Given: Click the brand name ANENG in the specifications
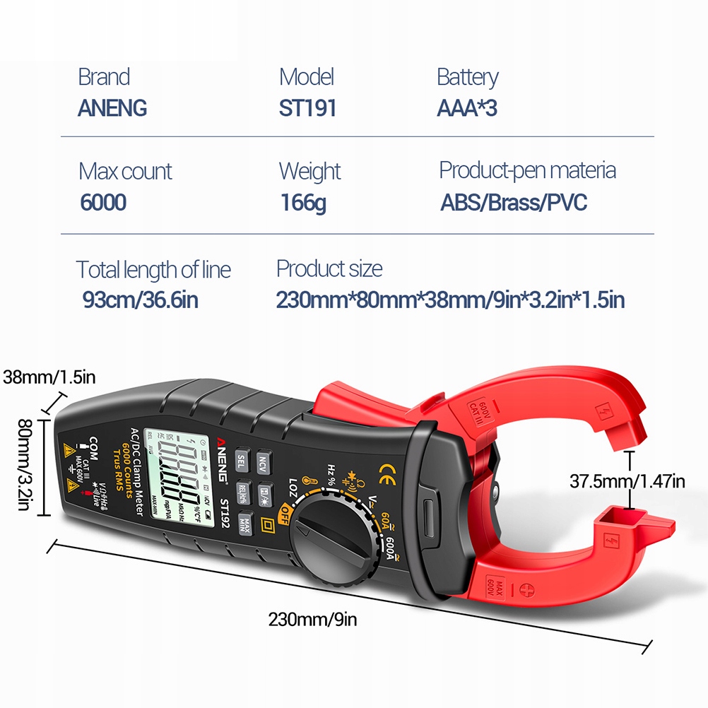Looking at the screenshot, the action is click(112, 108).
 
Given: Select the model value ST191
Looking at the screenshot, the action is click(307, 108).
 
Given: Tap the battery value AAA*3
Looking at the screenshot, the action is click(467, 108).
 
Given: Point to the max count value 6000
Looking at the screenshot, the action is click(103, 203).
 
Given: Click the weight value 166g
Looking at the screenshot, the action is click(303, 203).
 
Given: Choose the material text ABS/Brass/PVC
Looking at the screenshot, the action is click(514, 203).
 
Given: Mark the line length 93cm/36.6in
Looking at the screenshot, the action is click(141, 300).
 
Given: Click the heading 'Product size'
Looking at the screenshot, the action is click(329, 269).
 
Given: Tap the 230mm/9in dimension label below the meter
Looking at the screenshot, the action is click(312, 620).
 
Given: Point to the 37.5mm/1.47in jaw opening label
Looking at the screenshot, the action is click(627, 482).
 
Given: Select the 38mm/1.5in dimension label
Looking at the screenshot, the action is click(49, 377).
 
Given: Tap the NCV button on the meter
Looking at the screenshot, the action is click(264, 463).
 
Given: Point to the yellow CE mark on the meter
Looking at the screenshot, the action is click(387, 471).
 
